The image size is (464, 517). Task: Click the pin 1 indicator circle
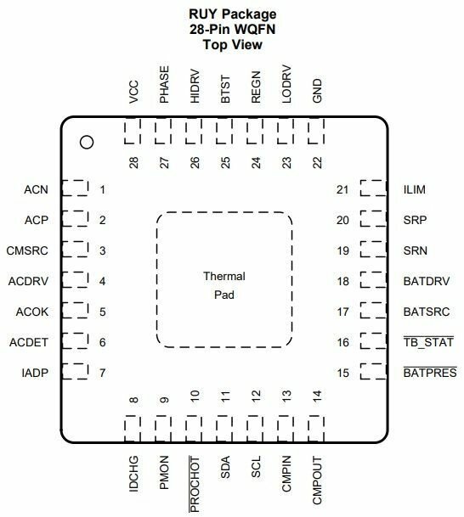pyautogui.click(x=87, y=142)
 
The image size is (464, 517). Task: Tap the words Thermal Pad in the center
pyautogui.click(x=224, y=285)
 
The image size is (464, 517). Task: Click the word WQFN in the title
pyautogui.click(x=254, y=30)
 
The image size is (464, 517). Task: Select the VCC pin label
pyautogui.click(x=133, y=92)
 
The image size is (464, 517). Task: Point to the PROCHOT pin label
pyautogui.click(x=195, y=484)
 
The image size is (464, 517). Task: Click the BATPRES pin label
pyautogui.click(x=430, y=373)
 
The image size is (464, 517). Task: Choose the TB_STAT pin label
pyautogui.click(x=428, y=342)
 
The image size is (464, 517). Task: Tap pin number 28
pyautogui.click(x=133, y=162)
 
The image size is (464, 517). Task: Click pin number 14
pyautogui.click(x=317, y=396)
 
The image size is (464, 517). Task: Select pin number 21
pyautogui.click(x=342, y=189)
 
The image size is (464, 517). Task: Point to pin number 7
pyautogui.click(x=103, y=373)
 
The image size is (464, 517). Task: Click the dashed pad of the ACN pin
pyautogui.click(x=76, y=188)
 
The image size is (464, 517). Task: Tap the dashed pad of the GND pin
pyautogui.click(x=316, y=131)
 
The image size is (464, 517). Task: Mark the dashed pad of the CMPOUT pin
pyautogui.click(x=316, y=429)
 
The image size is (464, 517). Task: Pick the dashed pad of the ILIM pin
pyautogui.click(x=373, y=188)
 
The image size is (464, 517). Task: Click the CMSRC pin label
pyautogui.click(x=27, y=250)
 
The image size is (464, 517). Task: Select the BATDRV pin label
pyautogui.click(x=427, y=281)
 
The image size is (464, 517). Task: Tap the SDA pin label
pyautogui.click(x=225, y=468)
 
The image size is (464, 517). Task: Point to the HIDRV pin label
pyautogui.click(x=195, y=86)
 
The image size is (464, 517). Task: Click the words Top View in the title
pyautogui.click(x=232, y=44)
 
